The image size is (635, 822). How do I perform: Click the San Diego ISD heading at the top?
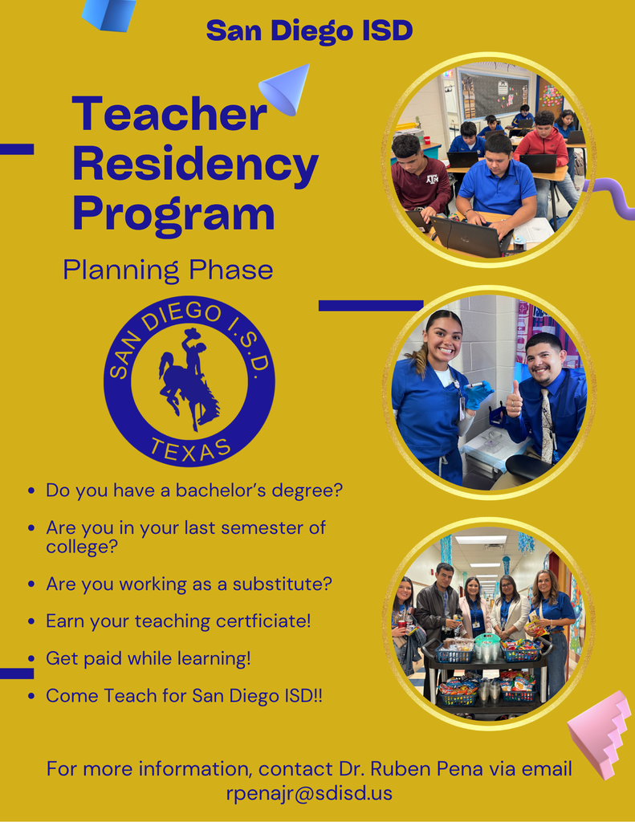click(x=309, y=31)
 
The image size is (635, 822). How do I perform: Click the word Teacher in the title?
click(x=169, y=114)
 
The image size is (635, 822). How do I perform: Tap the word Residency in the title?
click(x=195, y=164)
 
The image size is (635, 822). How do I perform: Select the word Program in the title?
click(x=173, y=214)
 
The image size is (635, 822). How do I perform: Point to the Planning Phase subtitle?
click(x=168, y=270)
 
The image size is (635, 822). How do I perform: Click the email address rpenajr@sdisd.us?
click(x=309, y=794)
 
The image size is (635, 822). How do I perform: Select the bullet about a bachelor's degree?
click(x=194, y=490)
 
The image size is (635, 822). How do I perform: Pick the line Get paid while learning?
click(x=149, y=658)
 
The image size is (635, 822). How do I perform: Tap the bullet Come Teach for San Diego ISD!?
click(x=184, y=695)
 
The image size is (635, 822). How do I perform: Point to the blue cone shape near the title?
click(x=286, y=87)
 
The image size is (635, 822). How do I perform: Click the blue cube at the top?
click(x=109, y=14)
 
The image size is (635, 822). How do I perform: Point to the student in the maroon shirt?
click(x=421, y=178)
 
